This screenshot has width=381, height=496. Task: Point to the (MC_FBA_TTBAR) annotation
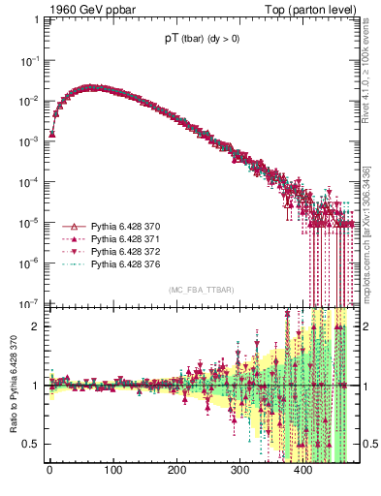point(200,291)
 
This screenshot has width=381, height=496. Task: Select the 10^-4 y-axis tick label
point(31,181)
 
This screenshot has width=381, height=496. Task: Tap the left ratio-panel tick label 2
point(36,326)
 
